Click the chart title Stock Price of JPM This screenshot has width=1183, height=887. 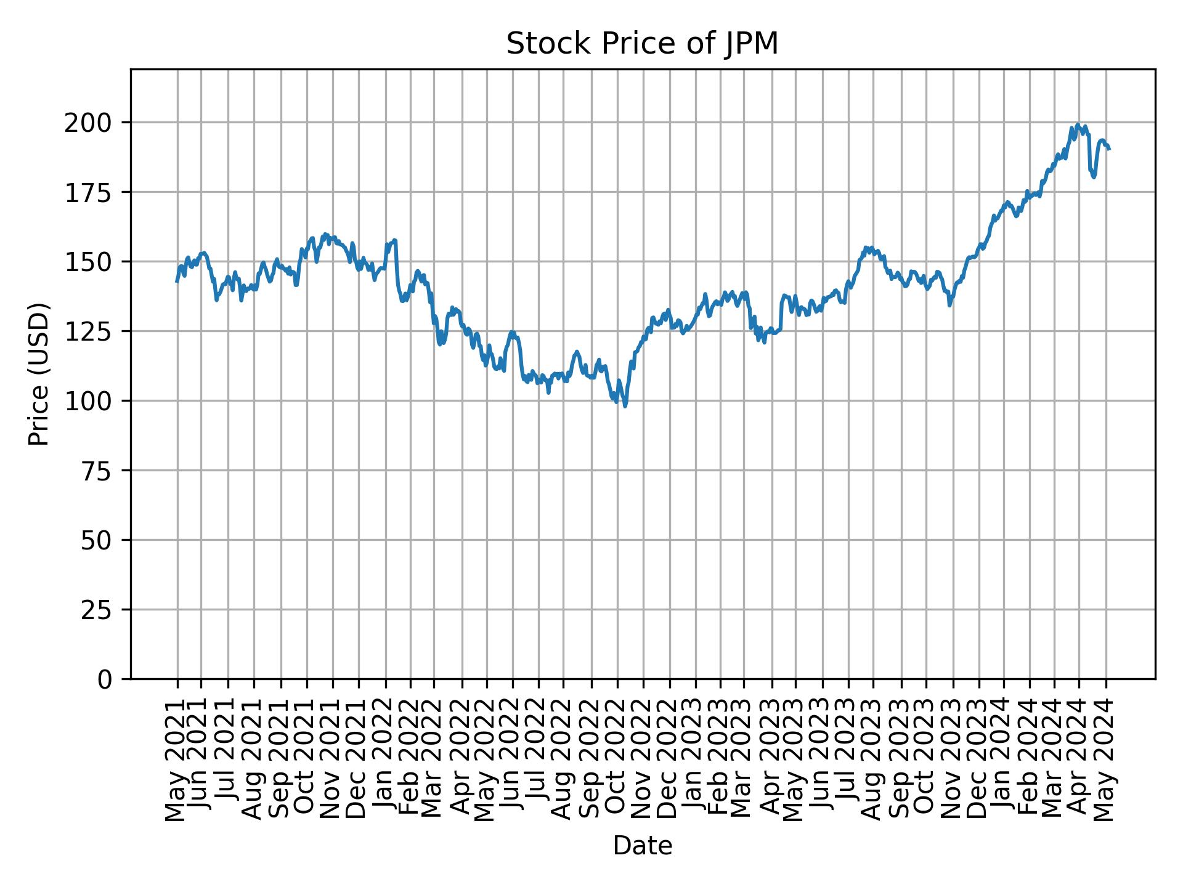tap(642, 44)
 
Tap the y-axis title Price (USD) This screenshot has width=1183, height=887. tap(38, 374)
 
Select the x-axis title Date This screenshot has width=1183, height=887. tap(642, 846)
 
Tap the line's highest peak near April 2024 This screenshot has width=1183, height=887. tap(1077, 124)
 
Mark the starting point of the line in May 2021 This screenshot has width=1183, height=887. tap(177, 281)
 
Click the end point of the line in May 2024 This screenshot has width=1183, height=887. tap(1109, 149)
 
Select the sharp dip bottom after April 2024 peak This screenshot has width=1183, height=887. tap(1094, 177)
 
